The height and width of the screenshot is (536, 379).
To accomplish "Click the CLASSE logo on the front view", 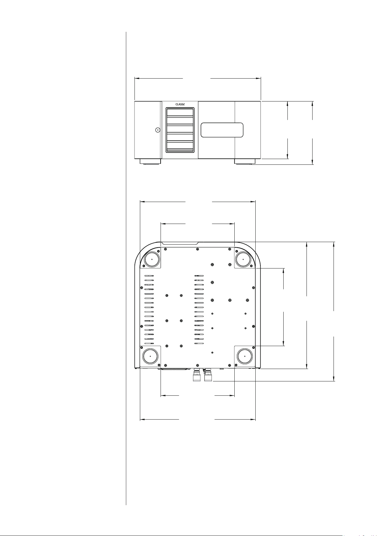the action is point(180,104).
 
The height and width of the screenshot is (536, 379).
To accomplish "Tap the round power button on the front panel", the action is point(158,130).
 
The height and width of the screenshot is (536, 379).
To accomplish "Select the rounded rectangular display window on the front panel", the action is point(222,130).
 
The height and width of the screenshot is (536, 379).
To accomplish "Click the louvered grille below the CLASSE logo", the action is point(180,130).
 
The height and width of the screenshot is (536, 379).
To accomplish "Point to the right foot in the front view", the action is point(245,162).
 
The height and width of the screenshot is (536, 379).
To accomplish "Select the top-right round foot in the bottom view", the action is point(243,259).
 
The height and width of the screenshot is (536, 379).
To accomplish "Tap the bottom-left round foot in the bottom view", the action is point(150,356).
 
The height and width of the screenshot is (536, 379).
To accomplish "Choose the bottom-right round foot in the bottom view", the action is point(245,356).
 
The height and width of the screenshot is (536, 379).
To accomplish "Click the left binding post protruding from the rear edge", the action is point(197,375).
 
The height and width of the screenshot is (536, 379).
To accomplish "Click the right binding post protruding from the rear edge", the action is point(208,375).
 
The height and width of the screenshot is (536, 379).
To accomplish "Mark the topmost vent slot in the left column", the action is point(149,276).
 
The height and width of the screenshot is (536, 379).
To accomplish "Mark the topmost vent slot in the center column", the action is point(199,276).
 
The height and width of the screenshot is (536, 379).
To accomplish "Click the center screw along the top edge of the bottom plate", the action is point(197,249).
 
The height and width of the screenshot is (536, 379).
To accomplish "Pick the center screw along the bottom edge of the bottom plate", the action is point(197,365).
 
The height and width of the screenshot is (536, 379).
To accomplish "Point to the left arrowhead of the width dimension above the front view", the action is point(137,78).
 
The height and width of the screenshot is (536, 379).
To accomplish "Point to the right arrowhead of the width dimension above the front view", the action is point(258,78).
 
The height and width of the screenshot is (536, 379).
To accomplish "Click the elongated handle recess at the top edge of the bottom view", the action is point(180,243).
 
